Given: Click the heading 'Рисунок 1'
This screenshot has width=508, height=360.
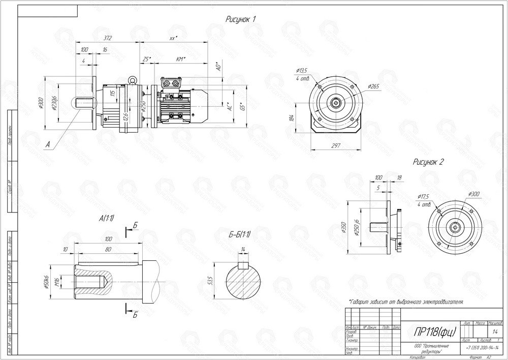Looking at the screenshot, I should [x=240, y=19].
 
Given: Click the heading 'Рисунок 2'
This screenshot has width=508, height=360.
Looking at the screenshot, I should [x=428, y=162].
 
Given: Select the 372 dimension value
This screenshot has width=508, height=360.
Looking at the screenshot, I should [x=107, y=38].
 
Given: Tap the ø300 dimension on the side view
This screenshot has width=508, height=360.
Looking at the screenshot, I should [x=41, y=104].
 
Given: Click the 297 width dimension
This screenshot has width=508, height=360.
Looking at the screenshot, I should [x=335, y=146].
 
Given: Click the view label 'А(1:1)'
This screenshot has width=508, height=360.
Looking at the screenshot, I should [x=107, y=218].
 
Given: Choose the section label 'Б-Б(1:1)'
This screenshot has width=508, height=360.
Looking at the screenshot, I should [x=239, y=235].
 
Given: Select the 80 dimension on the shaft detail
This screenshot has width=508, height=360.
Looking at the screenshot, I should [x=107, y=249].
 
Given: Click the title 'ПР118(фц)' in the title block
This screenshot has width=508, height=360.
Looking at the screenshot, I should [x=430, y=332].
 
